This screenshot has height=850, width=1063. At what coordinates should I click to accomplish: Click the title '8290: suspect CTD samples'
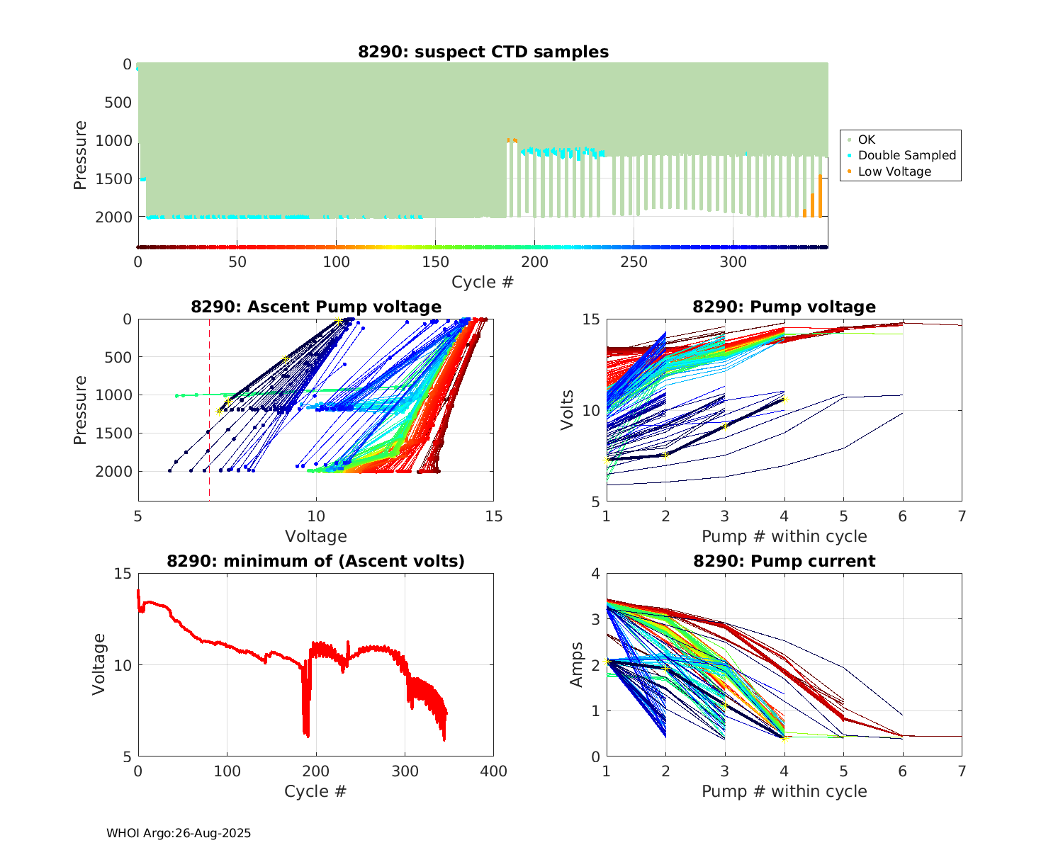[x=483, y=52]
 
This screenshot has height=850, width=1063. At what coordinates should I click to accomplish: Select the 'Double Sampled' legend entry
[x=906, y=155]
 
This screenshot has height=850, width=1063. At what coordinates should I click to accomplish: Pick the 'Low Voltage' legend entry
[x=894, y=171]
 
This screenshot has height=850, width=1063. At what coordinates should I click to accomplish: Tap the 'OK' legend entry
[x=866, y=140]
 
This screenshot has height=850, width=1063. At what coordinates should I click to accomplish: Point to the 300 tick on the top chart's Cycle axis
[x=733, y=262]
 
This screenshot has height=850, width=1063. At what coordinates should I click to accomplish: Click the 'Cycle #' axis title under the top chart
[x=483, y=282]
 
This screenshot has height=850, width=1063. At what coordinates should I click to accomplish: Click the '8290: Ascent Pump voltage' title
[x=316, y=307]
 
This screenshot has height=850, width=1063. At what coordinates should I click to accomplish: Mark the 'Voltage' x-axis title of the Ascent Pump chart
[x=316, y=536]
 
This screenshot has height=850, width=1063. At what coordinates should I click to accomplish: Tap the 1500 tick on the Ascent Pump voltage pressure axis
[x=118, y=433]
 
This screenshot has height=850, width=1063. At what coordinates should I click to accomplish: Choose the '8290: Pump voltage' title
[x=784, y=307]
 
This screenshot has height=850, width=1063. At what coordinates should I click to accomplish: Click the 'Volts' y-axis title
[x=567, y=410]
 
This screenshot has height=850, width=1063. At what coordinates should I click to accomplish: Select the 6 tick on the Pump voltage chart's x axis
[x=902, y=517]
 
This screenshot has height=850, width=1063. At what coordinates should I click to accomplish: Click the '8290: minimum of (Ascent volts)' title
[x=316, y=561]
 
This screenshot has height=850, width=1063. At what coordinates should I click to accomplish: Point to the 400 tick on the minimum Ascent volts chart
[x=493, y=771]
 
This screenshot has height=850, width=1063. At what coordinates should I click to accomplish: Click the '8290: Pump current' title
[x=784, y=561]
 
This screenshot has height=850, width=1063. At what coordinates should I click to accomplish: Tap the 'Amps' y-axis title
[x=577, y=664]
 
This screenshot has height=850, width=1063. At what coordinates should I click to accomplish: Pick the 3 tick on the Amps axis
[x=596, y=619]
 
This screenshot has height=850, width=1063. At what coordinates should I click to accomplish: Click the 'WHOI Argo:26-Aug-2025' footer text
[x=179, y=833]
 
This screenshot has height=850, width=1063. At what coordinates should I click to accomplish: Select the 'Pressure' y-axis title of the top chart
[x=80, y=155]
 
